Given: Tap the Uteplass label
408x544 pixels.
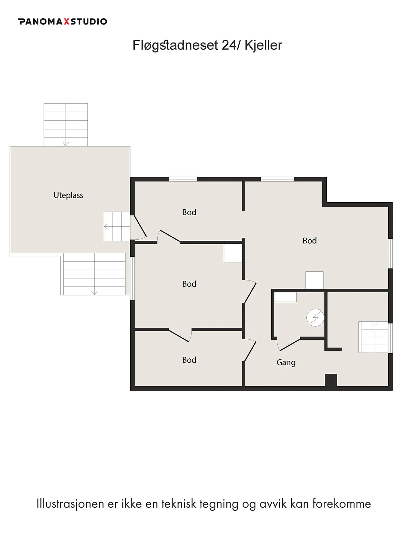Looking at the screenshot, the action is click(68, 195).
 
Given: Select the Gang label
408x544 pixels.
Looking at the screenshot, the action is click(286, 362).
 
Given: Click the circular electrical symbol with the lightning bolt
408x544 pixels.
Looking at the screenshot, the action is click(315, 317).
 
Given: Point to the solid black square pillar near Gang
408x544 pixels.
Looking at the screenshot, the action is click(331, 380).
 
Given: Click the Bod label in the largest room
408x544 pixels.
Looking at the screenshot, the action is click(310, 241).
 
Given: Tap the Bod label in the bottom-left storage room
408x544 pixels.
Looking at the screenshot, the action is click(189, 360).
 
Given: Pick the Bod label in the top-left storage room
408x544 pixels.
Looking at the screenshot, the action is click(189, 212).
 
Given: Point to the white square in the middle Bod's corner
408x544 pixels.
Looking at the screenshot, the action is click(233, 253).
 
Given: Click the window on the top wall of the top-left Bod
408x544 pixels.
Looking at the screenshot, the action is click(183, 179).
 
